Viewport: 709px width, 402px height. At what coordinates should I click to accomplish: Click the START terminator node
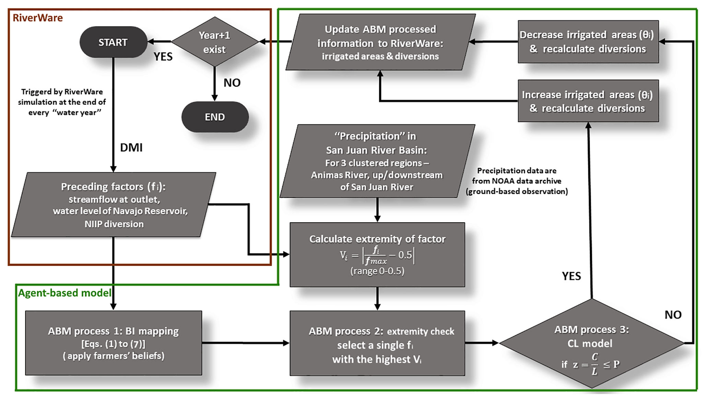coord(113,42)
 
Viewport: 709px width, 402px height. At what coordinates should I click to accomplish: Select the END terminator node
coord(215,117)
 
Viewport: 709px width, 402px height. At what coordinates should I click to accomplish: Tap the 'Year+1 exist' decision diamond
coord(214,42)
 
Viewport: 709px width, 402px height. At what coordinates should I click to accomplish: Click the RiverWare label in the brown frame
coord(38,18)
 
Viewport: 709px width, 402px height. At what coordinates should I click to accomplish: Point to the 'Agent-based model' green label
coord(64,293)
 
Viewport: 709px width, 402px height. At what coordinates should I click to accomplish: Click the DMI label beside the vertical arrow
coord(131,147)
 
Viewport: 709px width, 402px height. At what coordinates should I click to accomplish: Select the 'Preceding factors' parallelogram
coord(114,205)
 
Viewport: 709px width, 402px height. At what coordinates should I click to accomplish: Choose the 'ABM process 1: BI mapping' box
coord(114,343)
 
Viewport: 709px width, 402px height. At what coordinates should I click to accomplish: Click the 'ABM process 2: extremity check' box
coord(377,343)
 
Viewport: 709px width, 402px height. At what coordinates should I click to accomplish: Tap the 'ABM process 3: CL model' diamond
coord(591,343)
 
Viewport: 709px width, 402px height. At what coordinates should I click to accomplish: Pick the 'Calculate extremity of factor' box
coord(377,255)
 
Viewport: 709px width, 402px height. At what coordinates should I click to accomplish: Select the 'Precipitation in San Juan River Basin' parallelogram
coord(377,161)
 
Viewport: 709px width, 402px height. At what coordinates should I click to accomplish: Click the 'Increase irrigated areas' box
coord(588,101)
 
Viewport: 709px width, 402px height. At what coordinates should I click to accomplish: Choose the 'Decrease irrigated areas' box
coord(588,42)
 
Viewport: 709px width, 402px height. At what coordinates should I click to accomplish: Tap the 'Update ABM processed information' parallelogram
coord(380,42)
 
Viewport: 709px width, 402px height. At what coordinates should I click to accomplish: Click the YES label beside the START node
coord(163,57)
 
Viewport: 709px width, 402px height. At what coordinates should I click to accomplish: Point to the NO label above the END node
coord(232,83)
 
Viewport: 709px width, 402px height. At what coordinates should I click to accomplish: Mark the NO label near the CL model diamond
coord(673,315)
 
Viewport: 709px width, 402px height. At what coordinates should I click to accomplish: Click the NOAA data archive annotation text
coord(517,181)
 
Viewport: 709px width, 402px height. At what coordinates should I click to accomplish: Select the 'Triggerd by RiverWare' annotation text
coord(62,102)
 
